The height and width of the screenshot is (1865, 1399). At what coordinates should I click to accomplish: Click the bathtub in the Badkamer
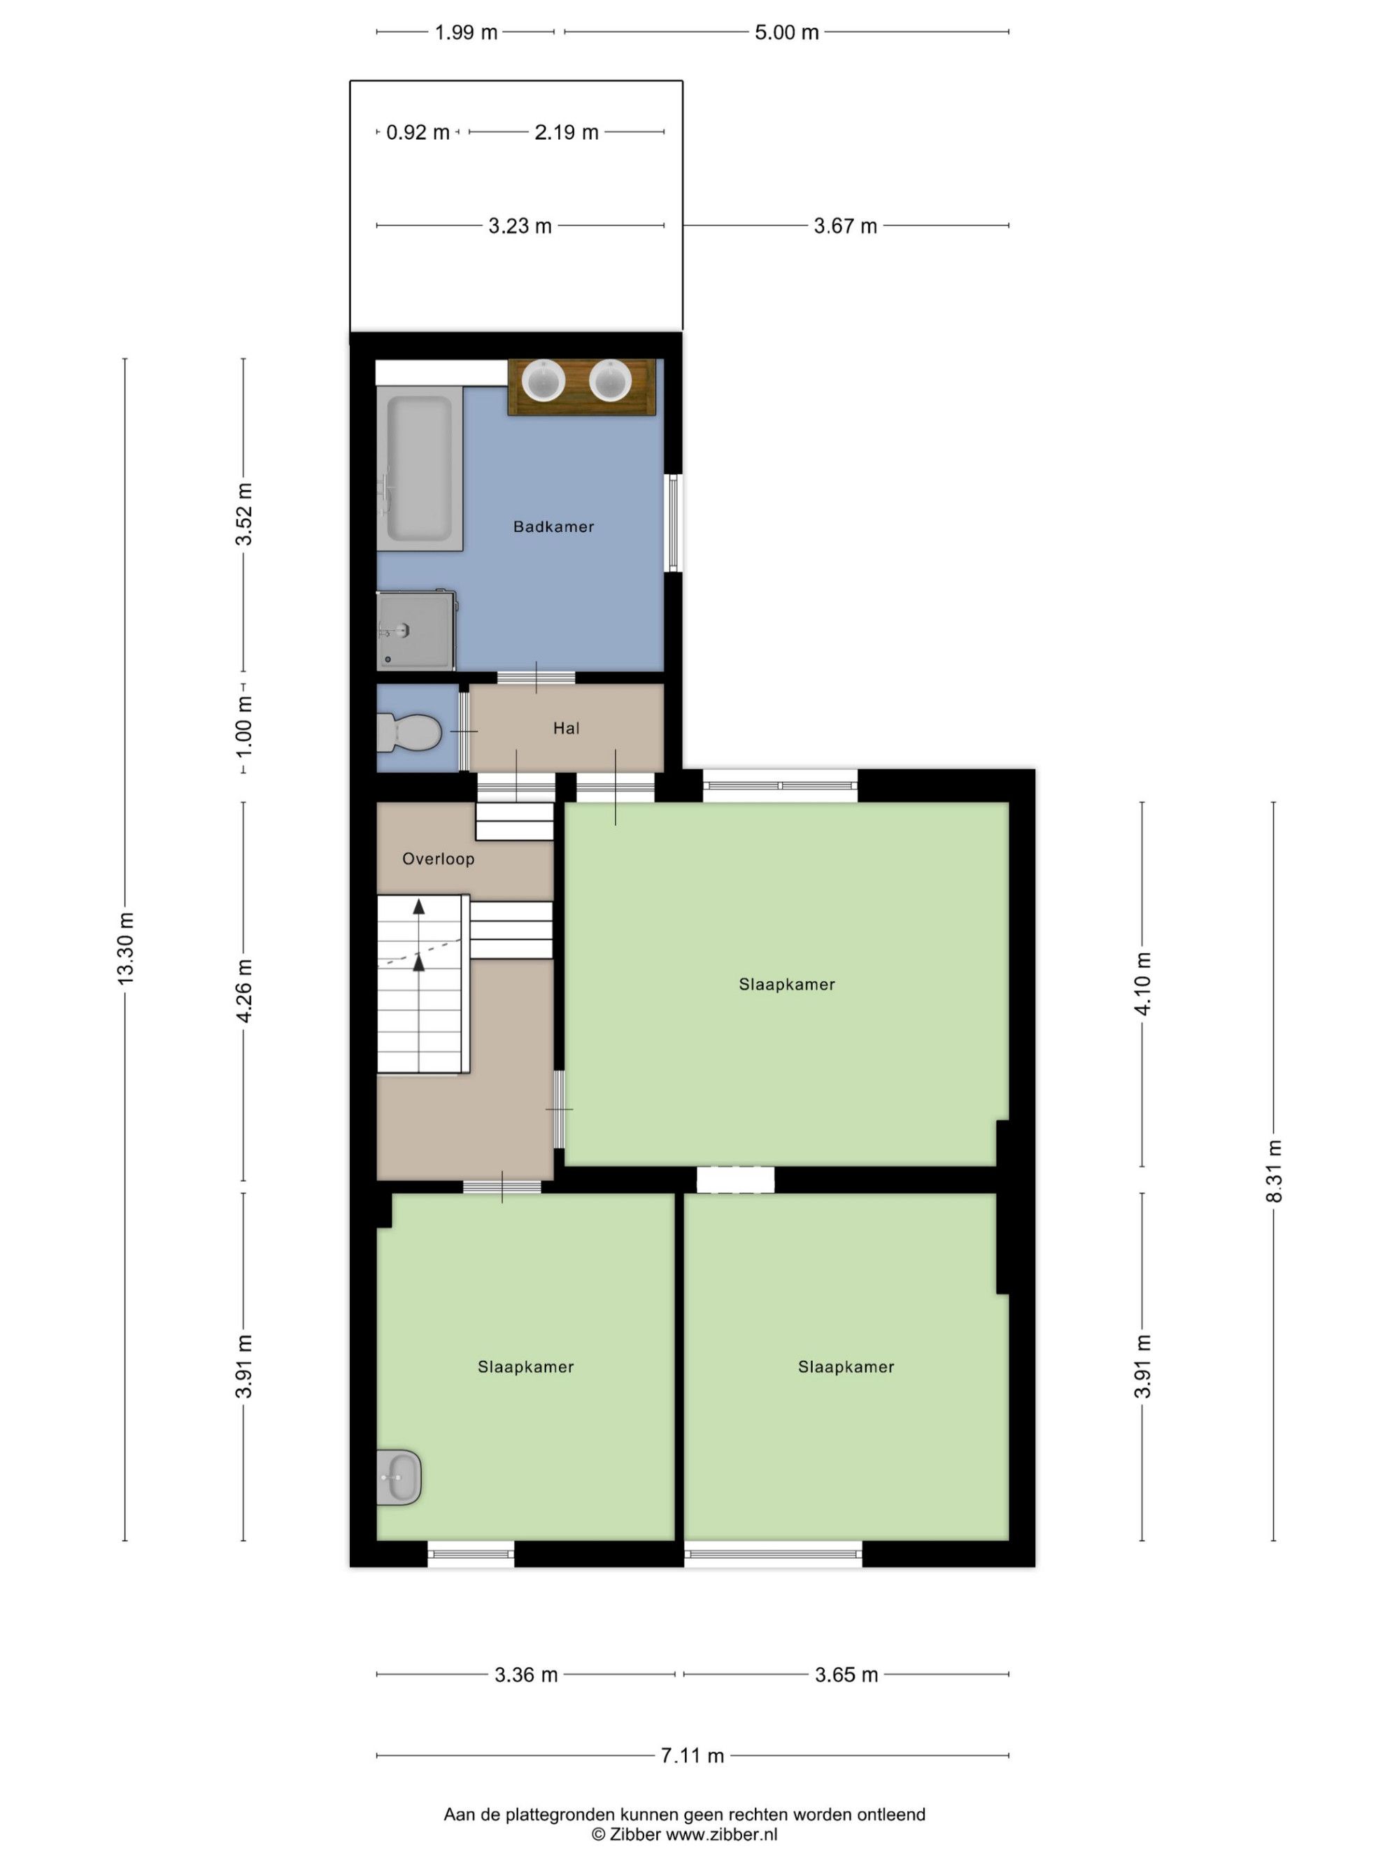point(419,469)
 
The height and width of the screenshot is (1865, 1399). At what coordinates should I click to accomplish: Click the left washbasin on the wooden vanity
point(543,380)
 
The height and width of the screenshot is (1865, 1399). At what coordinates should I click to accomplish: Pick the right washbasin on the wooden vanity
point(610,380)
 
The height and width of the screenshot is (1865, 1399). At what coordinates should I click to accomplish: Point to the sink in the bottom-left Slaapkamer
point(399,1477)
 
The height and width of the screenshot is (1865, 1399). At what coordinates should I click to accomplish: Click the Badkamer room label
point(553,527)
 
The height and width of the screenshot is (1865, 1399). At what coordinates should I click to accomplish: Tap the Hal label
point(566,729)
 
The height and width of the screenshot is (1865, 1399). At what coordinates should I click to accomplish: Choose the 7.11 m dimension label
point(692,1755)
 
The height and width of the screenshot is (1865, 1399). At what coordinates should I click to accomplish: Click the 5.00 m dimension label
point(786,32)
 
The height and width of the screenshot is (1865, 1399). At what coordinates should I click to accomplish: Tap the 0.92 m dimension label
point(418,132)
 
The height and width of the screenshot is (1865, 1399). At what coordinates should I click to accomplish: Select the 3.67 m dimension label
point(845,226)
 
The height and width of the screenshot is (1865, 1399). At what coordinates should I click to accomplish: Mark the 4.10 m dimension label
point(1143,984)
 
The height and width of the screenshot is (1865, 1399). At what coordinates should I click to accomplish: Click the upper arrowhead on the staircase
point(418,907)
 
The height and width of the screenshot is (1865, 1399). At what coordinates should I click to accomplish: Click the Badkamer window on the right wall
point(673,523)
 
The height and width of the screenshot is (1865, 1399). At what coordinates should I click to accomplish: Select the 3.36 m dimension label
point(525,1675)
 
